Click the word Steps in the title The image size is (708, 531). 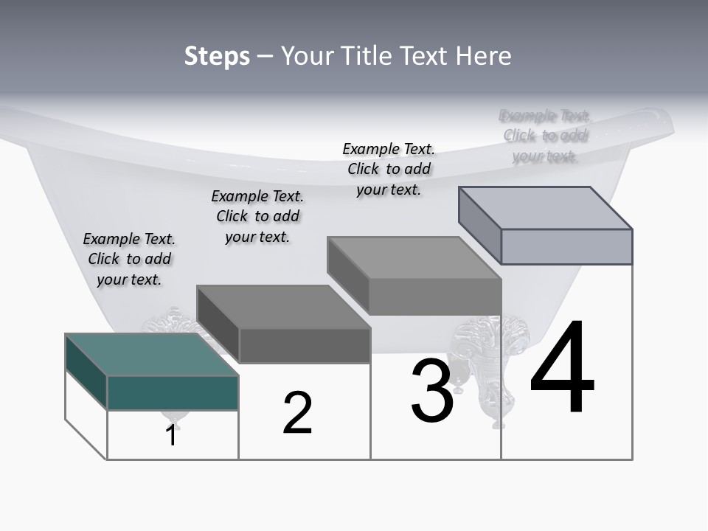coord(217,56)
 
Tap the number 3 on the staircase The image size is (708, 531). coord(432,391)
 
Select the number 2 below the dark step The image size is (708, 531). coord(297,413)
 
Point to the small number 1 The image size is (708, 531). coord(171,435)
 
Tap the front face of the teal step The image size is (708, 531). coord(173,392)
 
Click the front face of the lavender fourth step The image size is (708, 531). coord(566,246)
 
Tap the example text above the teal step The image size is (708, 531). coord(129,259)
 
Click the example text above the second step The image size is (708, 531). coord(257,216)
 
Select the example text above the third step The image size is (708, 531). coord(389,169)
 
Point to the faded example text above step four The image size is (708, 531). coord(545,136)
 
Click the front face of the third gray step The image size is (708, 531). coord(435,297)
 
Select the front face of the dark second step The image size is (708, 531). coord(305,345)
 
